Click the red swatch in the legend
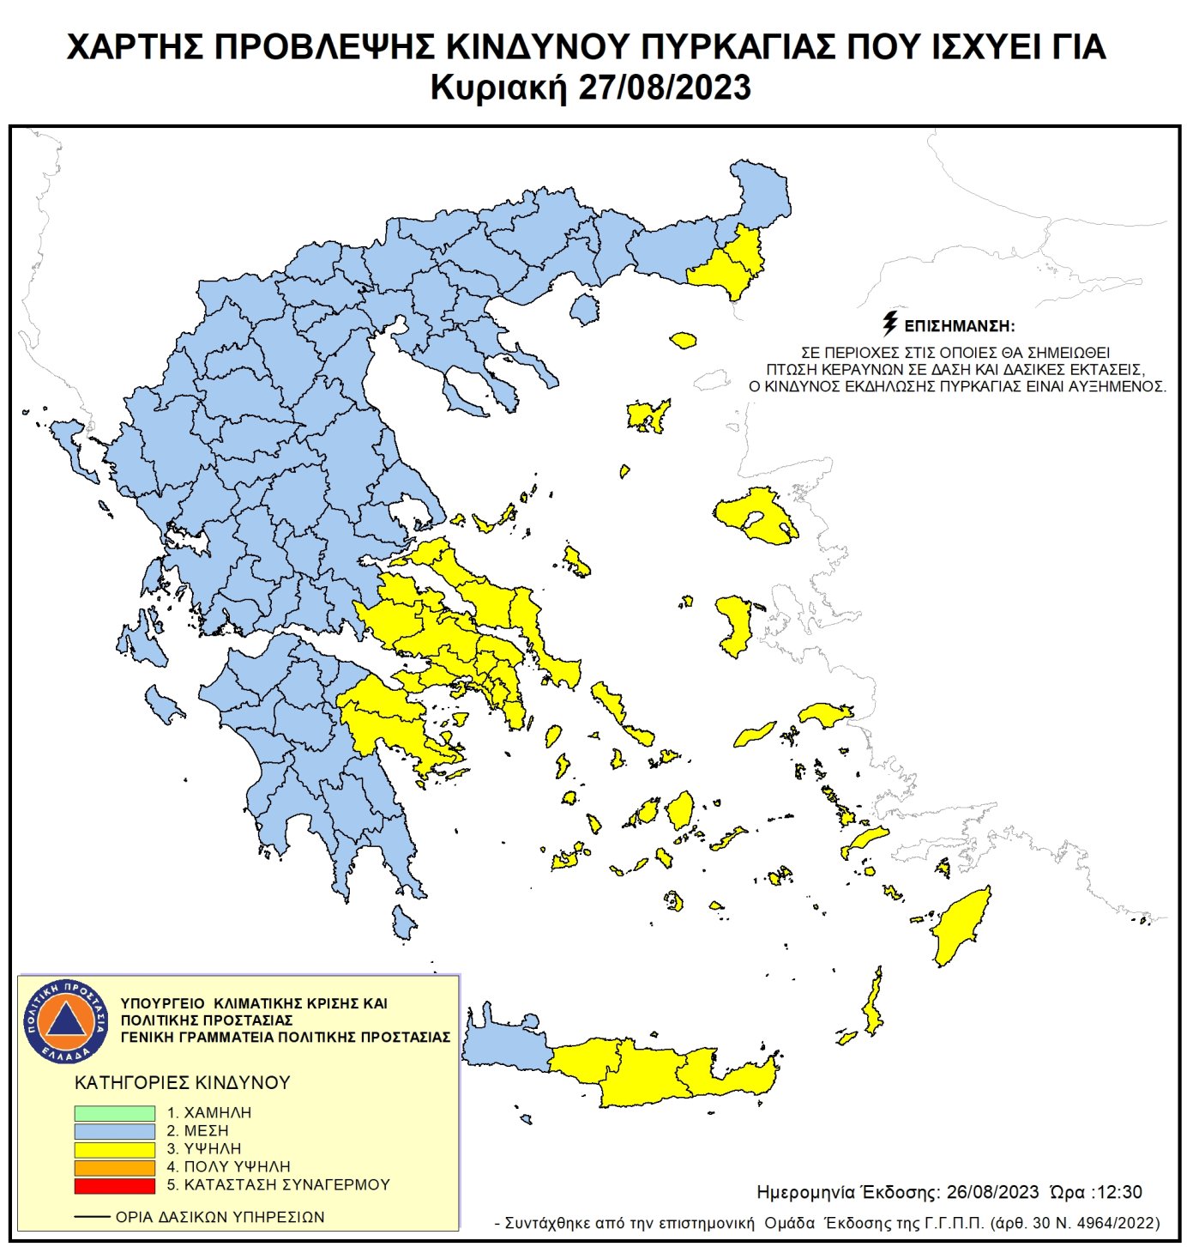click(114, 1185)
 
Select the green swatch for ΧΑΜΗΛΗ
click(114, 1112)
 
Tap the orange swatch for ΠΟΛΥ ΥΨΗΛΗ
click(114, 1167)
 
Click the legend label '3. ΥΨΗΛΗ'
click(203, 1149)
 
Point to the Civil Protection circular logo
click(66, 1021)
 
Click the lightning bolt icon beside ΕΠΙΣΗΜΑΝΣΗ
click(889, 324)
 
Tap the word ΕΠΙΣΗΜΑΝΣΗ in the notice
click(959, 327)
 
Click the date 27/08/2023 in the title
click(665, 88)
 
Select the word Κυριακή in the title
click(498, 88)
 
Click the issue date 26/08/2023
click(992, 1192)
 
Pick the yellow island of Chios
click(736, 625)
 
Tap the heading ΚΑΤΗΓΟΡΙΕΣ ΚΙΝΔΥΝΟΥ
click(183, 1083)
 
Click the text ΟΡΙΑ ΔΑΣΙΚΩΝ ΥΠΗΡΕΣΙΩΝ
click(220, 1217)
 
